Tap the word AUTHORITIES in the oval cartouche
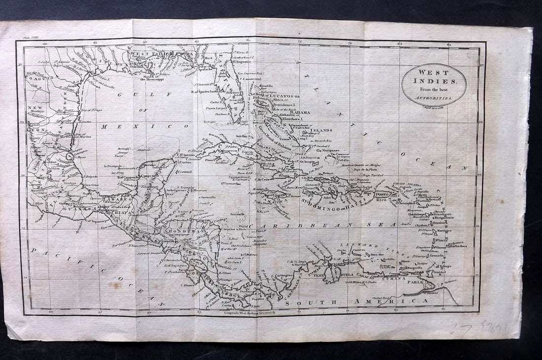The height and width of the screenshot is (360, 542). pyautogui.click(x=434, y=98)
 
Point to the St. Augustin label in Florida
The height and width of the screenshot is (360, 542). pyautogui.click(x=243, y=64)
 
